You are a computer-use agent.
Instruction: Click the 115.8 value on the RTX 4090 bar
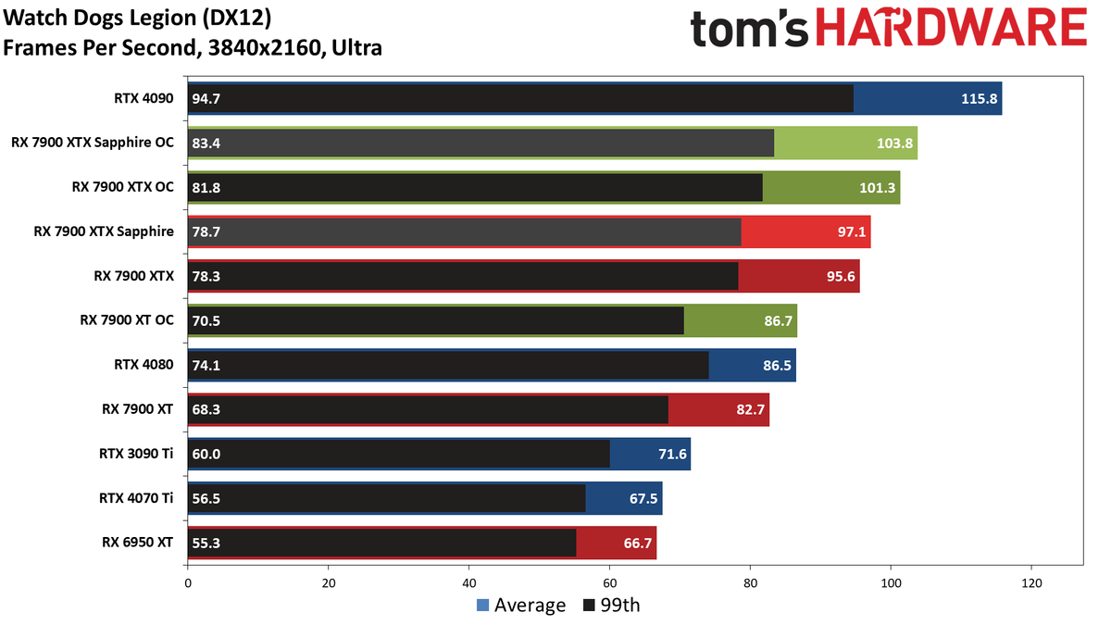tap(980, 99)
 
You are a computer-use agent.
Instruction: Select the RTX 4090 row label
tap(144, 98)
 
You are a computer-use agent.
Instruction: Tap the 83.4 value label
tap(206, 143)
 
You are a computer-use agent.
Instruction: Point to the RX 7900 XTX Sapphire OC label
tap(93, 143)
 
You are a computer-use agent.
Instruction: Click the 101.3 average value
tap(878, 187)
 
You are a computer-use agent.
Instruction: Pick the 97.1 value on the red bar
tap(852, 231)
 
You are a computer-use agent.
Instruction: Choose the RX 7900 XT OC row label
tap(127, 320)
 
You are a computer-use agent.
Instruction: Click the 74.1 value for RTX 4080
tap(206, 365)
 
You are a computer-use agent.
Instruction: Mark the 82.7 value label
tap(751, 409)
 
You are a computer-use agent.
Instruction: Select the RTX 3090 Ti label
tap(136, 454)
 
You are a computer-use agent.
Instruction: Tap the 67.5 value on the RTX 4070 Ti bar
tap(643, 498)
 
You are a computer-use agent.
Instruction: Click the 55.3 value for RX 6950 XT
tap(206, 543)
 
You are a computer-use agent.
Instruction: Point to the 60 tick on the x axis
tap(609, 583)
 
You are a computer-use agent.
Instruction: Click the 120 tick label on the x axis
tap(1031, 583)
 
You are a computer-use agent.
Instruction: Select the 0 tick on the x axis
tap(188, 583)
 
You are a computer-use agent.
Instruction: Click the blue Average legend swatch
tap(482, 606)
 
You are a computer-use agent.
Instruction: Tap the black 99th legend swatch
tap(589, 606)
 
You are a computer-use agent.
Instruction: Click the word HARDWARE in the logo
tap(952, 27)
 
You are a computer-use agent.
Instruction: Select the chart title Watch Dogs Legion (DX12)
tap(137, 19)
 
